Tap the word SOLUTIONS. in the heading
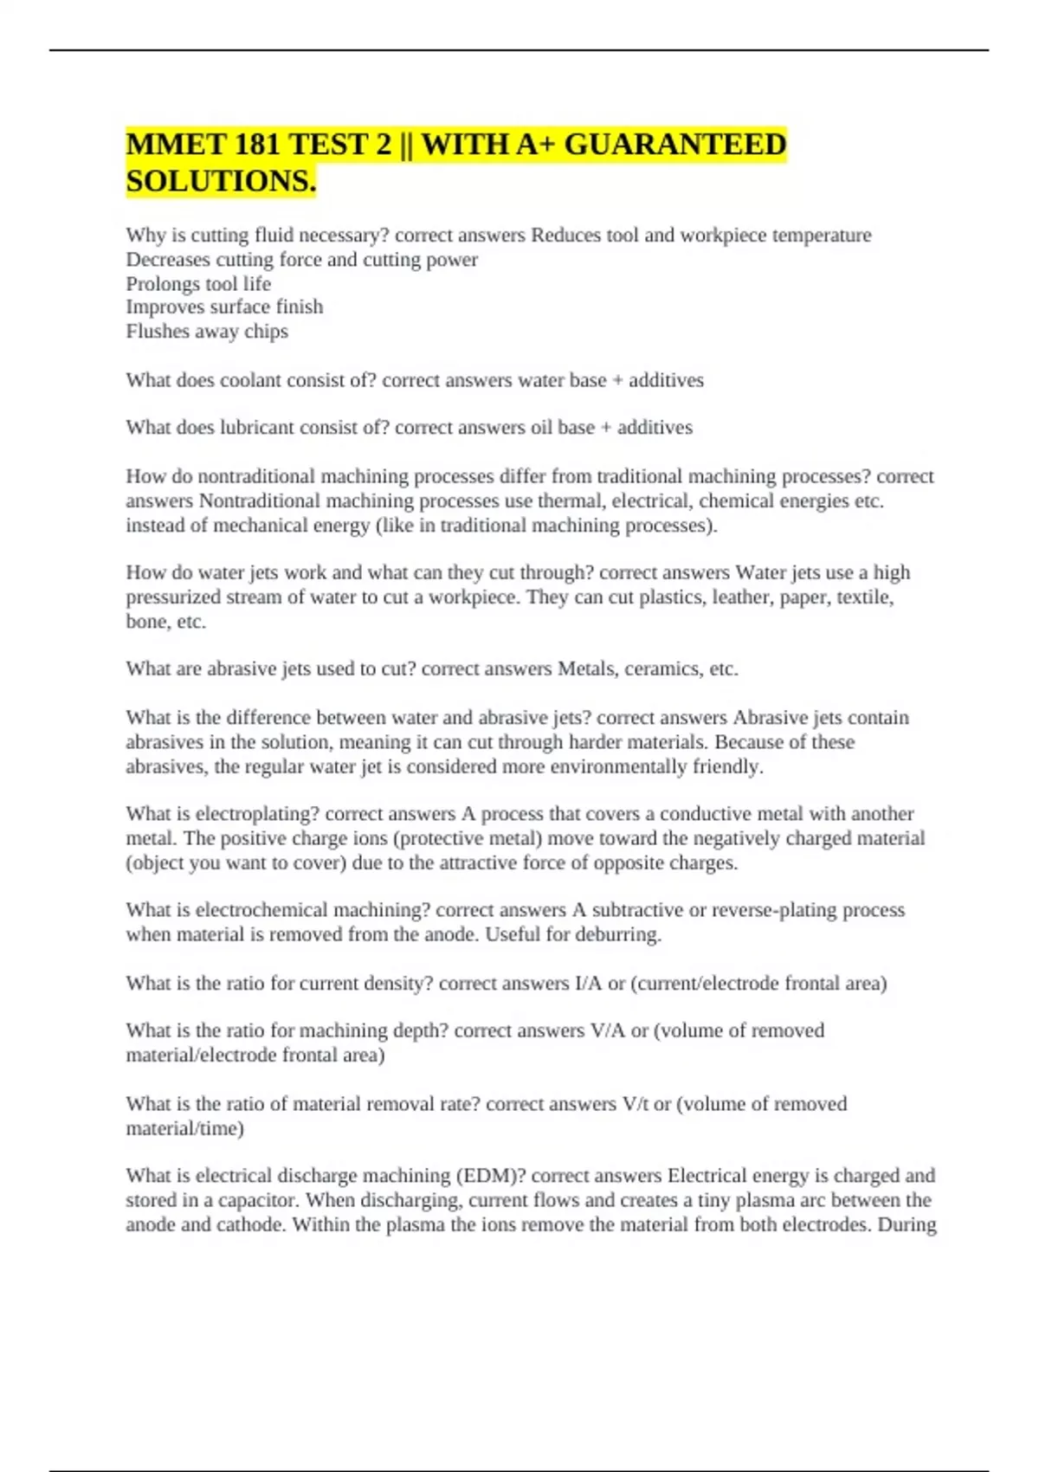click(x=221, y=181)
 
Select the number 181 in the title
click(x=256, y=144)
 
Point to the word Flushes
click(x=158, y=331)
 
